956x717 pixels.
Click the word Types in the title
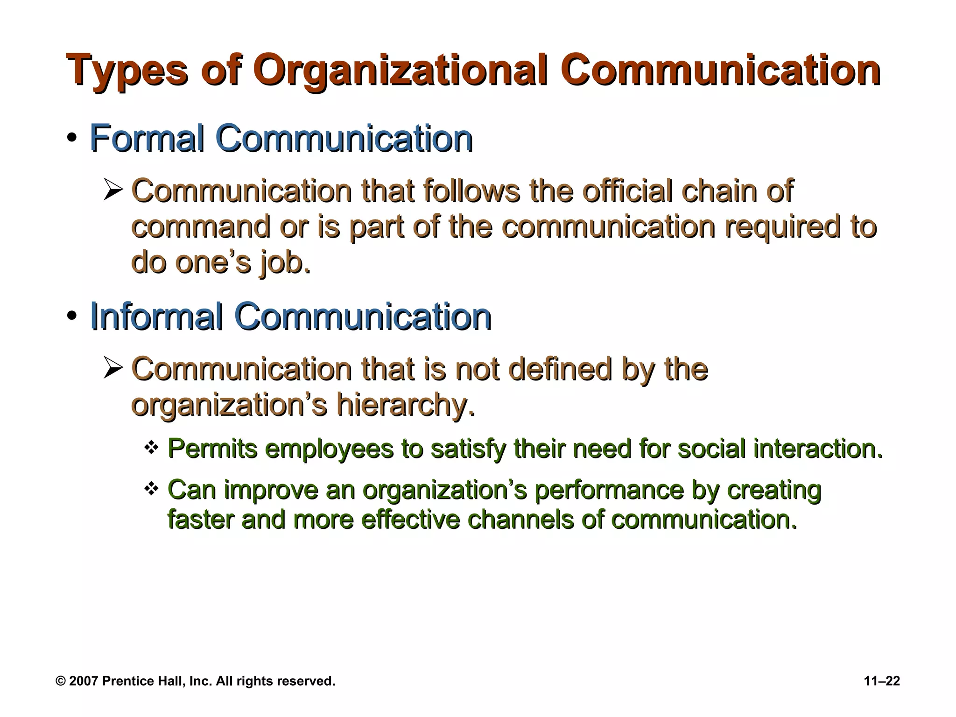127,71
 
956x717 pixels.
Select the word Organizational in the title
401,71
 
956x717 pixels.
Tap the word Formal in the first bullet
147,139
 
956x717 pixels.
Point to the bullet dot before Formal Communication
71,139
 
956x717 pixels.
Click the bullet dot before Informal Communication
71,317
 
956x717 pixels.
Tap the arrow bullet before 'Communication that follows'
113,191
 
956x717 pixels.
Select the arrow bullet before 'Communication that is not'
113,369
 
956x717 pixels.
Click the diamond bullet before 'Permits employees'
151,448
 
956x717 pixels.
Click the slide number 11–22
882,681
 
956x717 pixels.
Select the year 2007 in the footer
84,681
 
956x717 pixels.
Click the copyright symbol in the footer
61,681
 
